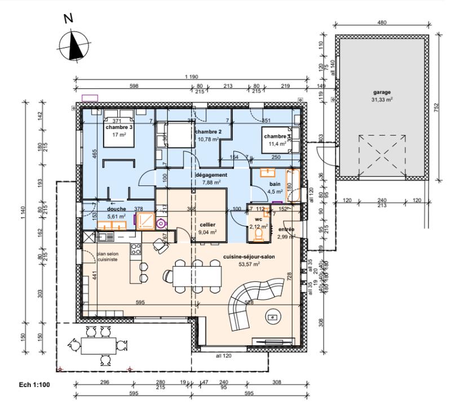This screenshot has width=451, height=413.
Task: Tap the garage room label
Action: [382, 91]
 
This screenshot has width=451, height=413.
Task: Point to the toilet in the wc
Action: [259, 236]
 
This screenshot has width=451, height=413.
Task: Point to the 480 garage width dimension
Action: [382, 23]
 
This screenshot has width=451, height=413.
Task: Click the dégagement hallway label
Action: [211, 175]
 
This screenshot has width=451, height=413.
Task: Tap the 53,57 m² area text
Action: [249, 263]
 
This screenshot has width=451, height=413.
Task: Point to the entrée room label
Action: [286, 230]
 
